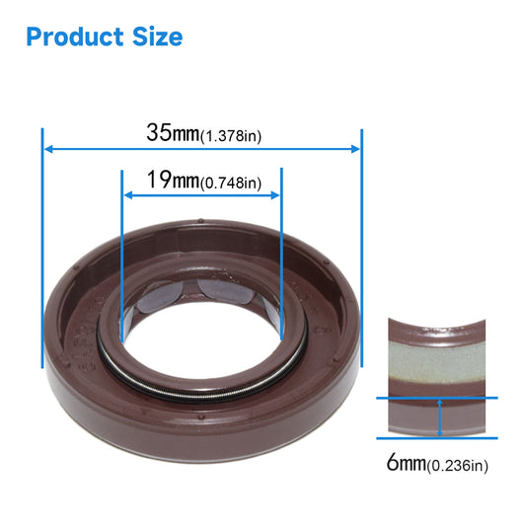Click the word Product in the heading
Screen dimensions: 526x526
75,38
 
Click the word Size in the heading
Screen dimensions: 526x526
155,38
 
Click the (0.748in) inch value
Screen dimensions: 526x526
230,184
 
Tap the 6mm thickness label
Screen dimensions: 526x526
405,463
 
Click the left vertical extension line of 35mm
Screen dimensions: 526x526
42,247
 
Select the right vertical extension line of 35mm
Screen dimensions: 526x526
362,247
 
